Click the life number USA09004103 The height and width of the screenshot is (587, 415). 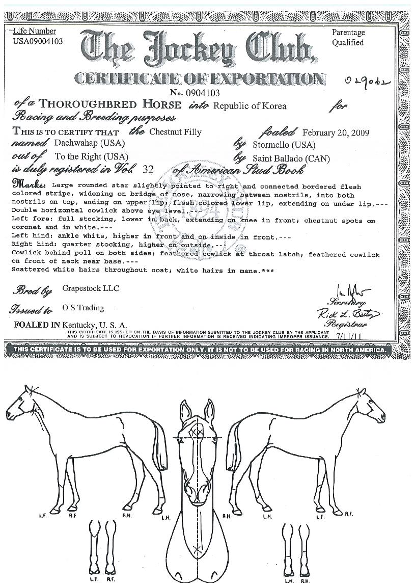click(x=38, y=41)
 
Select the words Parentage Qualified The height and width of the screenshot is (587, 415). click(x=348, y=37)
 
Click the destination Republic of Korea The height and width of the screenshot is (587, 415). click(x=250, y=106)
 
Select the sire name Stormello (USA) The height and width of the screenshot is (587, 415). click(x=284, y=145)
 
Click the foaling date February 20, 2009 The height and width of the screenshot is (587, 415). click(x=336, y=132)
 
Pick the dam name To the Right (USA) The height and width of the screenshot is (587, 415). click(x=91, y=156)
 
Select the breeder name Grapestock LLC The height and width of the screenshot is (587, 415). click(x=91, y=288)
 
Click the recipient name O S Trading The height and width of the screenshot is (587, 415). click(x=83, y=308)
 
